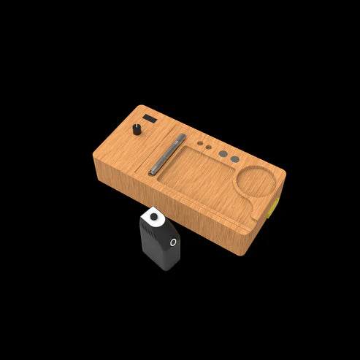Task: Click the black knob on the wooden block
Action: (137, 129)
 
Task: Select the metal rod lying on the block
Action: (168, 154)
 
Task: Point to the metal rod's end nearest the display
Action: (183, 137)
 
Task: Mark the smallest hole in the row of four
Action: (198, 143)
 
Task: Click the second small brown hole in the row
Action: (208, 148)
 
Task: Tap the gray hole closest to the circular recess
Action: (234, 158)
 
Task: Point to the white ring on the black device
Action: (173, 242)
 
